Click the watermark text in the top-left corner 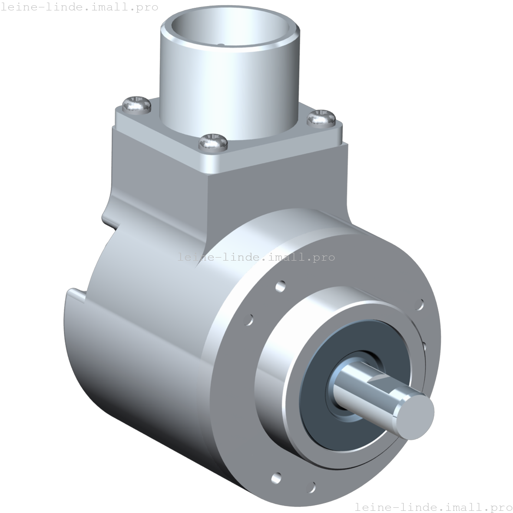[79, 7]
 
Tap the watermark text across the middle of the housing [256, 257]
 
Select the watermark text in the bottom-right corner [434, 506]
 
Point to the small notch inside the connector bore [221, 44]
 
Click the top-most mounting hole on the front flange [281, 286]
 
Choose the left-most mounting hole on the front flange [249, 320]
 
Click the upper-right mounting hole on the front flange [420, 304]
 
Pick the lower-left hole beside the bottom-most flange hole [276, 478]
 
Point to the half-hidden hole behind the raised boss [424, 346]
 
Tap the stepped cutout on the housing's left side [78, 295]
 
